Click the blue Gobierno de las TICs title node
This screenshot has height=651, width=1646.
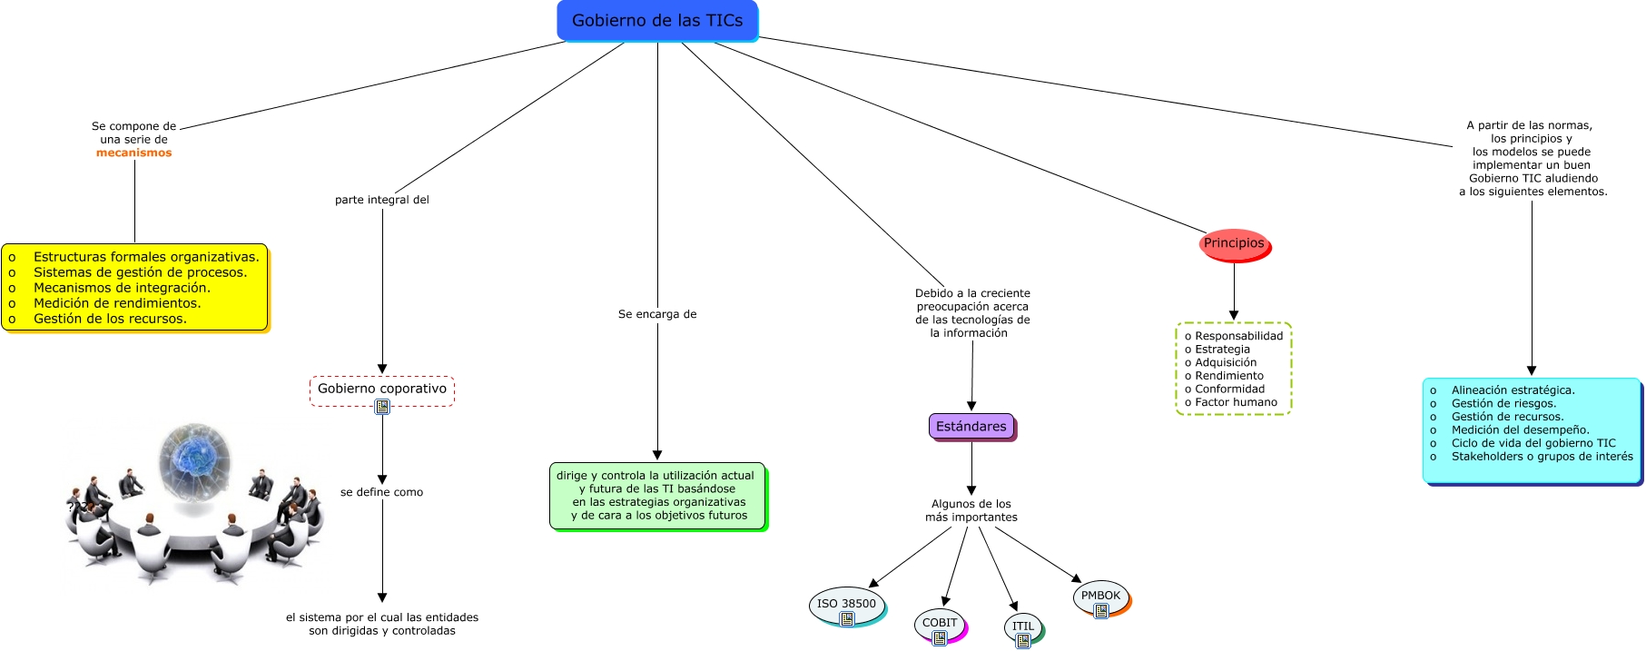[657, 21]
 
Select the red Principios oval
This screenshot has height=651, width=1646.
[1234, 243]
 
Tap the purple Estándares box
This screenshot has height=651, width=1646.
[971, 427]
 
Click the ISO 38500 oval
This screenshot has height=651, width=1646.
[846, 604]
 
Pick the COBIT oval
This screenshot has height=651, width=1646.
[940, 623]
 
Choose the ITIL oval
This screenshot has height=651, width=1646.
[1023, 626]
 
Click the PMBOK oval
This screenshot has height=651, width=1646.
[1100, 596]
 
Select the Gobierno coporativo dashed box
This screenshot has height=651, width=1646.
[382, 389]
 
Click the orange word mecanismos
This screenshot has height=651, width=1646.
[134, 153]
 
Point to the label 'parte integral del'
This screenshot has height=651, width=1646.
[382, 200]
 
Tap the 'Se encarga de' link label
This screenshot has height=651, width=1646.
[657, 314]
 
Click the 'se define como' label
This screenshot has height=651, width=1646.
[382, 492]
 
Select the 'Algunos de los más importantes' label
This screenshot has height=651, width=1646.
[971, 510]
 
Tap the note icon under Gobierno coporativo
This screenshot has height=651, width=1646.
[382, 407]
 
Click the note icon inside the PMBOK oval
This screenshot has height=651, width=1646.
[1101, 611]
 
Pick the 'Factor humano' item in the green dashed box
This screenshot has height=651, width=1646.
[1236, 402]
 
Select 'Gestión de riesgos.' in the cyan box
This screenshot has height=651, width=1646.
[1503, 404]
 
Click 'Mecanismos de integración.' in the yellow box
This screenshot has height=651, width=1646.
[122, 288]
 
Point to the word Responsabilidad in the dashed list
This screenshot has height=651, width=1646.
[1238, 336]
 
